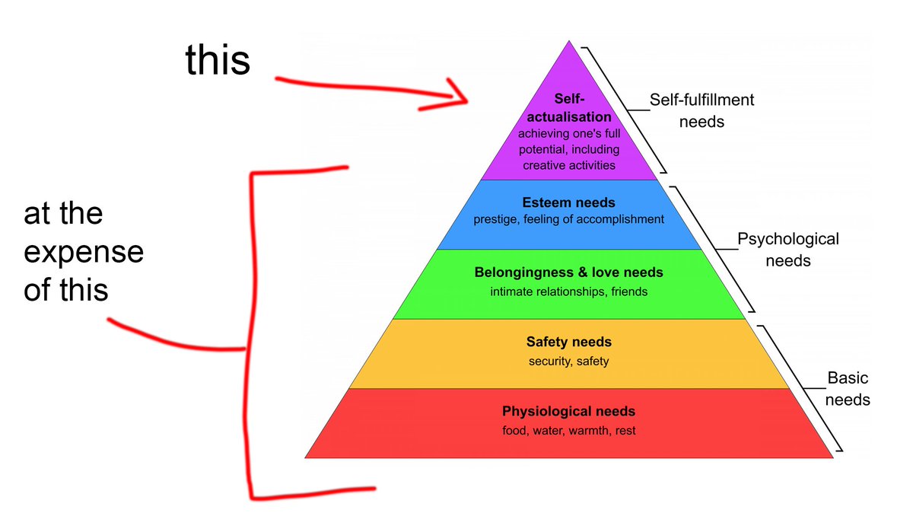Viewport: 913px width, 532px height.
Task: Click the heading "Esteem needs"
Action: click(x=568, y=203)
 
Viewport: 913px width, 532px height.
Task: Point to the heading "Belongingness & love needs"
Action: click(x=568, y=272)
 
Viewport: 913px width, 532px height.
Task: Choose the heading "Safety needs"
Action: click(x=568, y=342)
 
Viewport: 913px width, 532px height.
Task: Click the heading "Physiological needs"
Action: click(x=568, y=412)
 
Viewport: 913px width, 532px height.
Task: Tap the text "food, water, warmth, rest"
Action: click(x=568, y=431)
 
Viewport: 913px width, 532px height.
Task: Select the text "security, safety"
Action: click(x=568, y=362)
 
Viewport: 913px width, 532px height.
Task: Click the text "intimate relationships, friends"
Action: click(x=568, y=291)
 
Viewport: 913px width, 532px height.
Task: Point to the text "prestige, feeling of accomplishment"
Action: click(x=568, y=220)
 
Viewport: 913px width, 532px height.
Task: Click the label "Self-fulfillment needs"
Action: click(x=701, y=110)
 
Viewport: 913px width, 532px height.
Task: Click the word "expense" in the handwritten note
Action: click(x=84, y=253)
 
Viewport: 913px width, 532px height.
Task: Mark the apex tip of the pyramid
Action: click(x=568, y=43)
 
